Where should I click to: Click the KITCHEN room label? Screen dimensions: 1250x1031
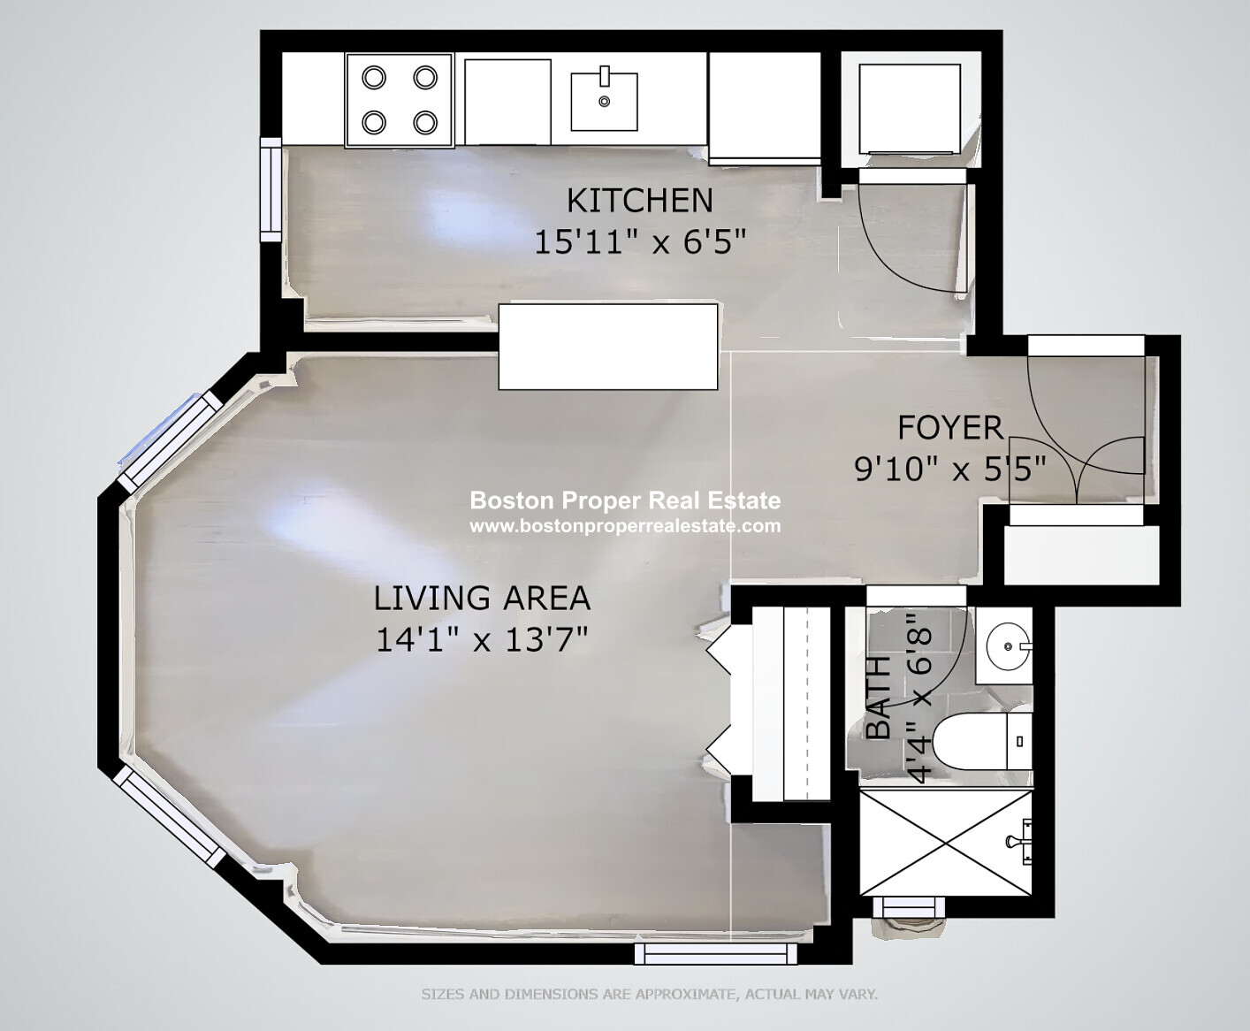coord(639,201)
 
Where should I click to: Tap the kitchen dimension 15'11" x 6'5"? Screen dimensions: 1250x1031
coord(640,242)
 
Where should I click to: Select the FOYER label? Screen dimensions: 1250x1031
coord(950,428)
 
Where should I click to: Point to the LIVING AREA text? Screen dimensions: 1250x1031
coord(482,598)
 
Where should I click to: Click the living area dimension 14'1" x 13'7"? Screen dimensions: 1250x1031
coord(482,639)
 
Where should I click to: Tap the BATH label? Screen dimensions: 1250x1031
coord(879,698)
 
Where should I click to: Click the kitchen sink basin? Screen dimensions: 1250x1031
coord(604,101)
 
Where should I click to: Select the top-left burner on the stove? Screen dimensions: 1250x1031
coord(374,78)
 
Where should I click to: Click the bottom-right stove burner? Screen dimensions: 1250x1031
coord(425,123)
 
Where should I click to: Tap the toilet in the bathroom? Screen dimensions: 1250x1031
coord(982,741)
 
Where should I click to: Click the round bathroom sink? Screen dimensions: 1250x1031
coord(1008,646)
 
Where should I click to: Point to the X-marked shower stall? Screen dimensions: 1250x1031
coord(946,843)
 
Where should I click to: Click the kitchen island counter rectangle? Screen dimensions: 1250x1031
coord(608,347)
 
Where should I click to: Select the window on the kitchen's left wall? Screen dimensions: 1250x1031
coord(271,190)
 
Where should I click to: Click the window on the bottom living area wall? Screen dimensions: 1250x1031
coord(716,954)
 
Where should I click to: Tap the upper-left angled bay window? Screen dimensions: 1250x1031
coord(170,442)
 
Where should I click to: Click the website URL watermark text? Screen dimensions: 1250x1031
coord(625,526)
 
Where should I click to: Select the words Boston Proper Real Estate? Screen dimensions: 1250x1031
coord(625,500)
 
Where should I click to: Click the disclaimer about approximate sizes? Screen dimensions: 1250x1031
coord(650,995)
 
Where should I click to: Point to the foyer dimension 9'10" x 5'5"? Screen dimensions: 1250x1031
coord(950,469)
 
